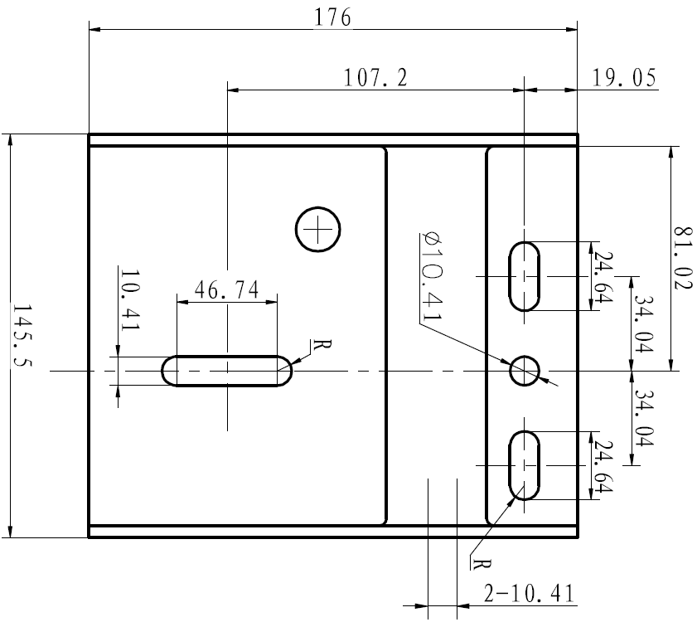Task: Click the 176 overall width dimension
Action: click(x=332, y=17)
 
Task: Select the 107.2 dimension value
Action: click(x=375, y=78)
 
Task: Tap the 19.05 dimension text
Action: click(x=624, y=78)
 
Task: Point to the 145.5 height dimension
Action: click(x=22, y=336)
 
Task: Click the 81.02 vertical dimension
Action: click(x=683, y=258)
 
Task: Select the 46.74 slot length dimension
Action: click(x=227, y=289)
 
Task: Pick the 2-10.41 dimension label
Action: click(x=529, y=594)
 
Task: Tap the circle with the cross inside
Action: click(x=317, y=229)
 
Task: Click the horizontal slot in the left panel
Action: click(x=227, y=371)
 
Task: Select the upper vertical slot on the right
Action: click(x=525, y=276)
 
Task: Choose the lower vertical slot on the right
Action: click(x=525, y=465)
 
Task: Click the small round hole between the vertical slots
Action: click(x=525, y=371)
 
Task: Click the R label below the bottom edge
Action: click(x=481, y=564)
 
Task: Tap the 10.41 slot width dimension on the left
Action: click(x=131, y=300)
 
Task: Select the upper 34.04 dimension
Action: click(x=644, y=323)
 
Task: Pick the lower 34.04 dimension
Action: click(x=644, y=418)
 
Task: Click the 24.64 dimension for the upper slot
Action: click(x=603, y=277)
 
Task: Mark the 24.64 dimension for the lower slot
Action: click(x=603, y=466)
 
